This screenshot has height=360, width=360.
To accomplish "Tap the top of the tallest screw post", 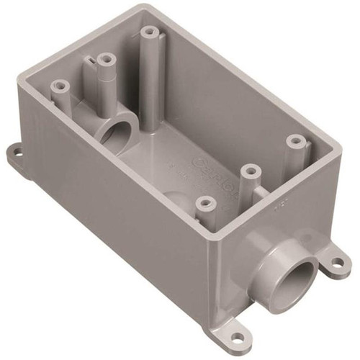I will point(149,32).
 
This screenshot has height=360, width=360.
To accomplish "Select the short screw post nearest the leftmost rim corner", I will point(60,86).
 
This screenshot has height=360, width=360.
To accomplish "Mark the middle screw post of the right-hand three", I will point(249,169).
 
